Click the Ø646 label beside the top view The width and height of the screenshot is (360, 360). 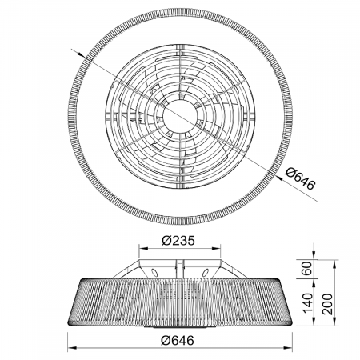(x=300, y=178)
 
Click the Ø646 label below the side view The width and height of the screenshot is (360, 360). (x=178, y=340)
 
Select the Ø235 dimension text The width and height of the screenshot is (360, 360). (x=178, y=241)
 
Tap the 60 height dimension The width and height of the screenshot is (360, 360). (x=307, y=269)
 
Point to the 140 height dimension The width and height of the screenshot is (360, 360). (x=307, y=302)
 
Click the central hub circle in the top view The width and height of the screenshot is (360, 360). (x=180, y=116)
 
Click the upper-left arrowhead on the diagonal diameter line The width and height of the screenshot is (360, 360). (x=81, y=54)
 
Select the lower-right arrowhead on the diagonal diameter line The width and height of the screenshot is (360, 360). (x=279, y=178)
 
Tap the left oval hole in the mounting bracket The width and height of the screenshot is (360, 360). (x=154, y=273)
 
